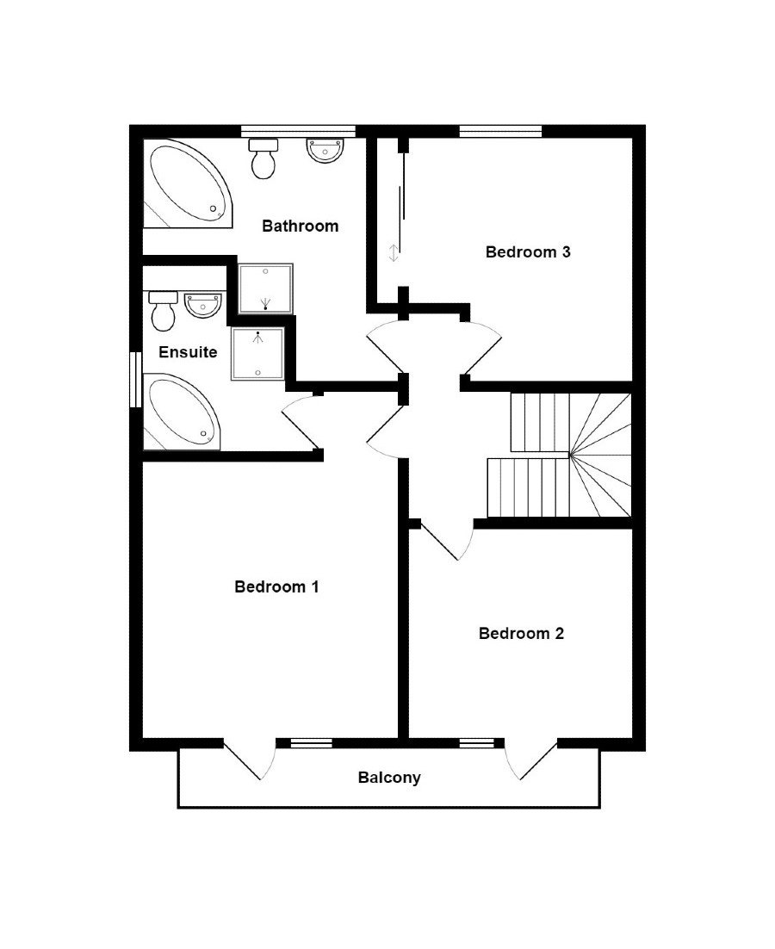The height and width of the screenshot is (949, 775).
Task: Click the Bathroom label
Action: coord(300,226)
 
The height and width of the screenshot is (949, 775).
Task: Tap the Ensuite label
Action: coord(188,352)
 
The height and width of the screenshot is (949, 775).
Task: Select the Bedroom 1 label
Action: coord(276,587)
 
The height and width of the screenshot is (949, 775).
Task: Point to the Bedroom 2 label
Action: coord(521,634)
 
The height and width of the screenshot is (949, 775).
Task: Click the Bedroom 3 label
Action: coord(528,252)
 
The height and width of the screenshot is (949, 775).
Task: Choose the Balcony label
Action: coord(389,778)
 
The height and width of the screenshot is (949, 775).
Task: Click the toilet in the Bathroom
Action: coord(263,158)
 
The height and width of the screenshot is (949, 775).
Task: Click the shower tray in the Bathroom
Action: coord(266,288)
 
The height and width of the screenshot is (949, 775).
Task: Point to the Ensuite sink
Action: coord(203,304)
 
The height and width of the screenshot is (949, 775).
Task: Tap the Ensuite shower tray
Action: coord(257,353)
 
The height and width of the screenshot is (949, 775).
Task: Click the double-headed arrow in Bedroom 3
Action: coord(394,253)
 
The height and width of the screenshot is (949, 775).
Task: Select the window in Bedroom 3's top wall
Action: coord(500,131)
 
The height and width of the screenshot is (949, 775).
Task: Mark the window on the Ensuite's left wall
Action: coord(135,378)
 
